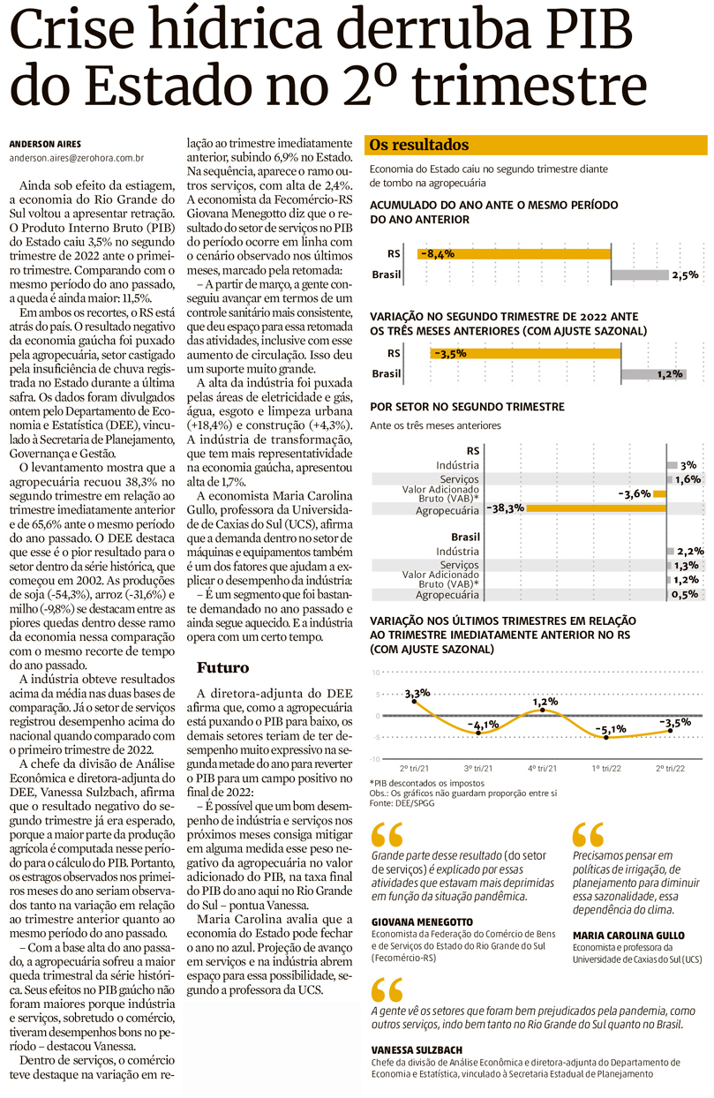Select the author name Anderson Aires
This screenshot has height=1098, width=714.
(x=45, y=144)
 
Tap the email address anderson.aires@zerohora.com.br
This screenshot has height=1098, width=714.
(x=77, y=159)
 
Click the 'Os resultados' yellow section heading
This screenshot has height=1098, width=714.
(x=419, y=145)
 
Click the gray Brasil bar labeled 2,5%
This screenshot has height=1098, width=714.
(x=639, y=274)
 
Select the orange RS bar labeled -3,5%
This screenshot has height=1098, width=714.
(x=524, y=353)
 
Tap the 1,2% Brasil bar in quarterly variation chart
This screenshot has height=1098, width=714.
(x=652, y=374)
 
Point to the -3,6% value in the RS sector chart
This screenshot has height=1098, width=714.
(x=635, y=493)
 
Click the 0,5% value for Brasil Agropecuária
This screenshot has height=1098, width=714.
(x=686, y=594)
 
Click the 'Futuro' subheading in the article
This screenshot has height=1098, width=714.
(x=222, y=667)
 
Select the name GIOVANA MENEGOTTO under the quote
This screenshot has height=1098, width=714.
(x=422, y=921)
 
